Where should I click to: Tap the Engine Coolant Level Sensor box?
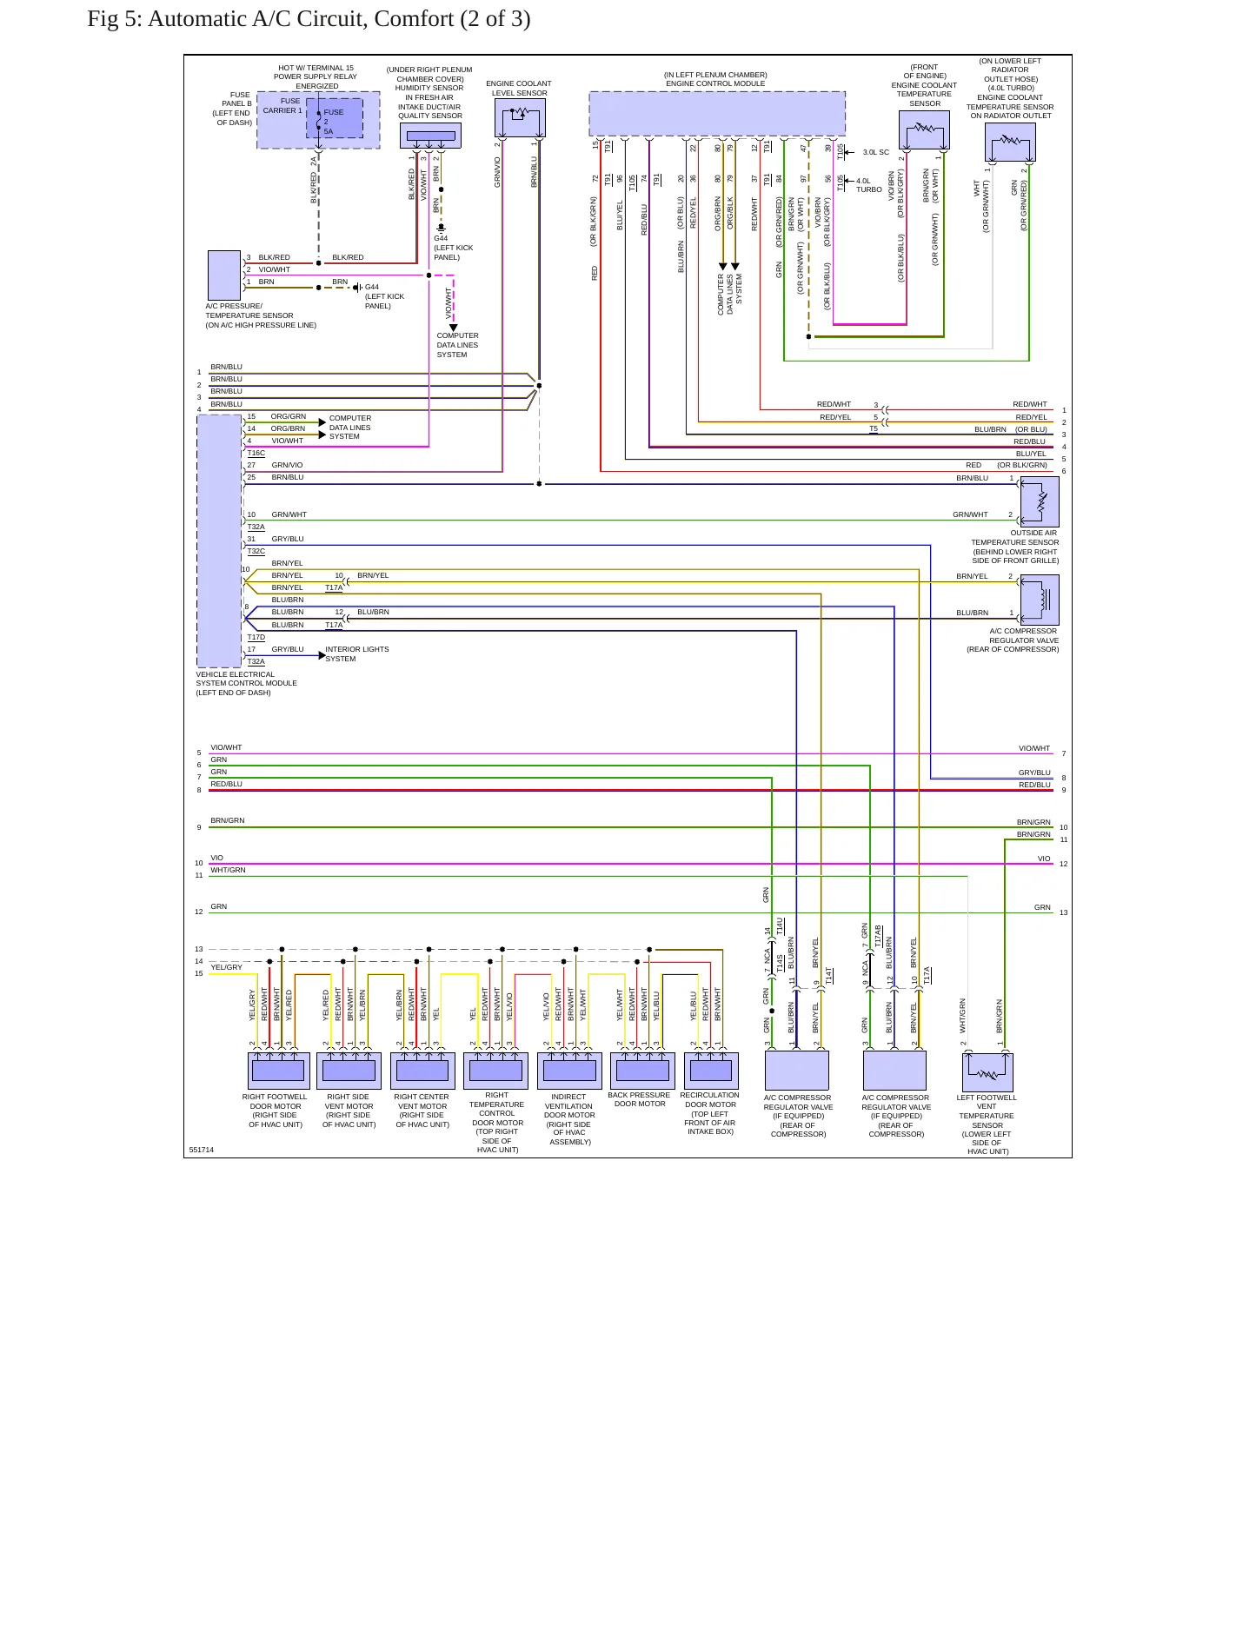(x=520, y=117)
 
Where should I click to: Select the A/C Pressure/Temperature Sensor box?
(x=224, y=275)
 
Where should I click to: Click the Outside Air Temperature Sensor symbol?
(x=1040, y=501)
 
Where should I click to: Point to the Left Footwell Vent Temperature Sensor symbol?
(x=987, y=1071)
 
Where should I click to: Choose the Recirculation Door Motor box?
(x=711, y=1071)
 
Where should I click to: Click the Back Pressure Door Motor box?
(x=643, y=1071)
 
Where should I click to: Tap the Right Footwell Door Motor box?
(x=278, y=1071)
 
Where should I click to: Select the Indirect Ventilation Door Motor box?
(x=569, y=1071)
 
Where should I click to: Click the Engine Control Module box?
(x=717, y=114)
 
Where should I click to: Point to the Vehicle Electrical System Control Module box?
(x=219, y=541)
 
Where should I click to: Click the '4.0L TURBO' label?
(x=868, y=185)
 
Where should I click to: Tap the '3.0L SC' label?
(x=875, y=152)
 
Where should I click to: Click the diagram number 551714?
(x=201, y=1150)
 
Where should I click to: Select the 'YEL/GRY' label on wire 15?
(x=226, y=967)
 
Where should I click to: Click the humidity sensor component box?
(x=430, y=136)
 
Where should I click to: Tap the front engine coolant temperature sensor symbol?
(x=923, y=130)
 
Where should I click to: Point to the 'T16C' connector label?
(x=256, y=453)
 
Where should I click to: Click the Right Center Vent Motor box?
(x=422, y=1071)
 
